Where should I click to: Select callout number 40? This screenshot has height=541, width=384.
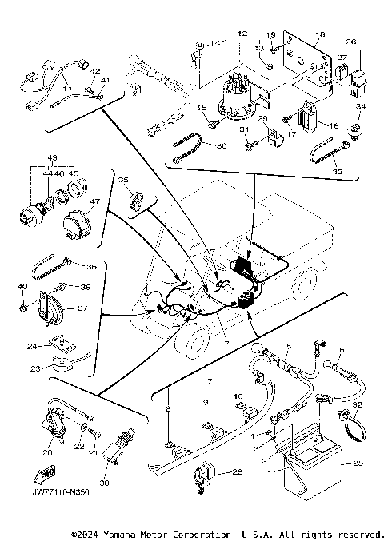pyautogui.click(x=22, y=286)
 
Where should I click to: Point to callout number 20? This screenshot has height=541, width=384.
pyautogui.click(x=47, y=452)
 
